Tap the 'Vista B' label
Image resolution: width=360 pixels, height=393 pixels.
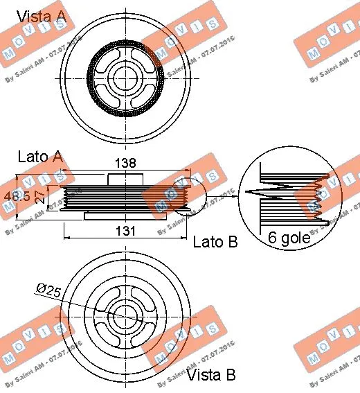point(212,375)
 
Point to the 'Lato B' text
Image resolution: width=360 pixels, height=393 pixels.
point(215,242)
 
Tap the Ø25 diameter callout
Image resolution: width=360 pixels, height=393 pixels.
point(49,289)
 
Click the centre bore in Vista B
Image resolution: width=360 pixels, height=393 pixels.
point(125,316)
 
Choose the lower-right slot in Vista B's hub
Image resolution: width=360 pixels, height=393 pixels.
point(141,331)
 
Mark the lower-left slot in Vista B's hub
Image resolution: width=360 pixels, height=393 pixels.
point(109,331)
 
